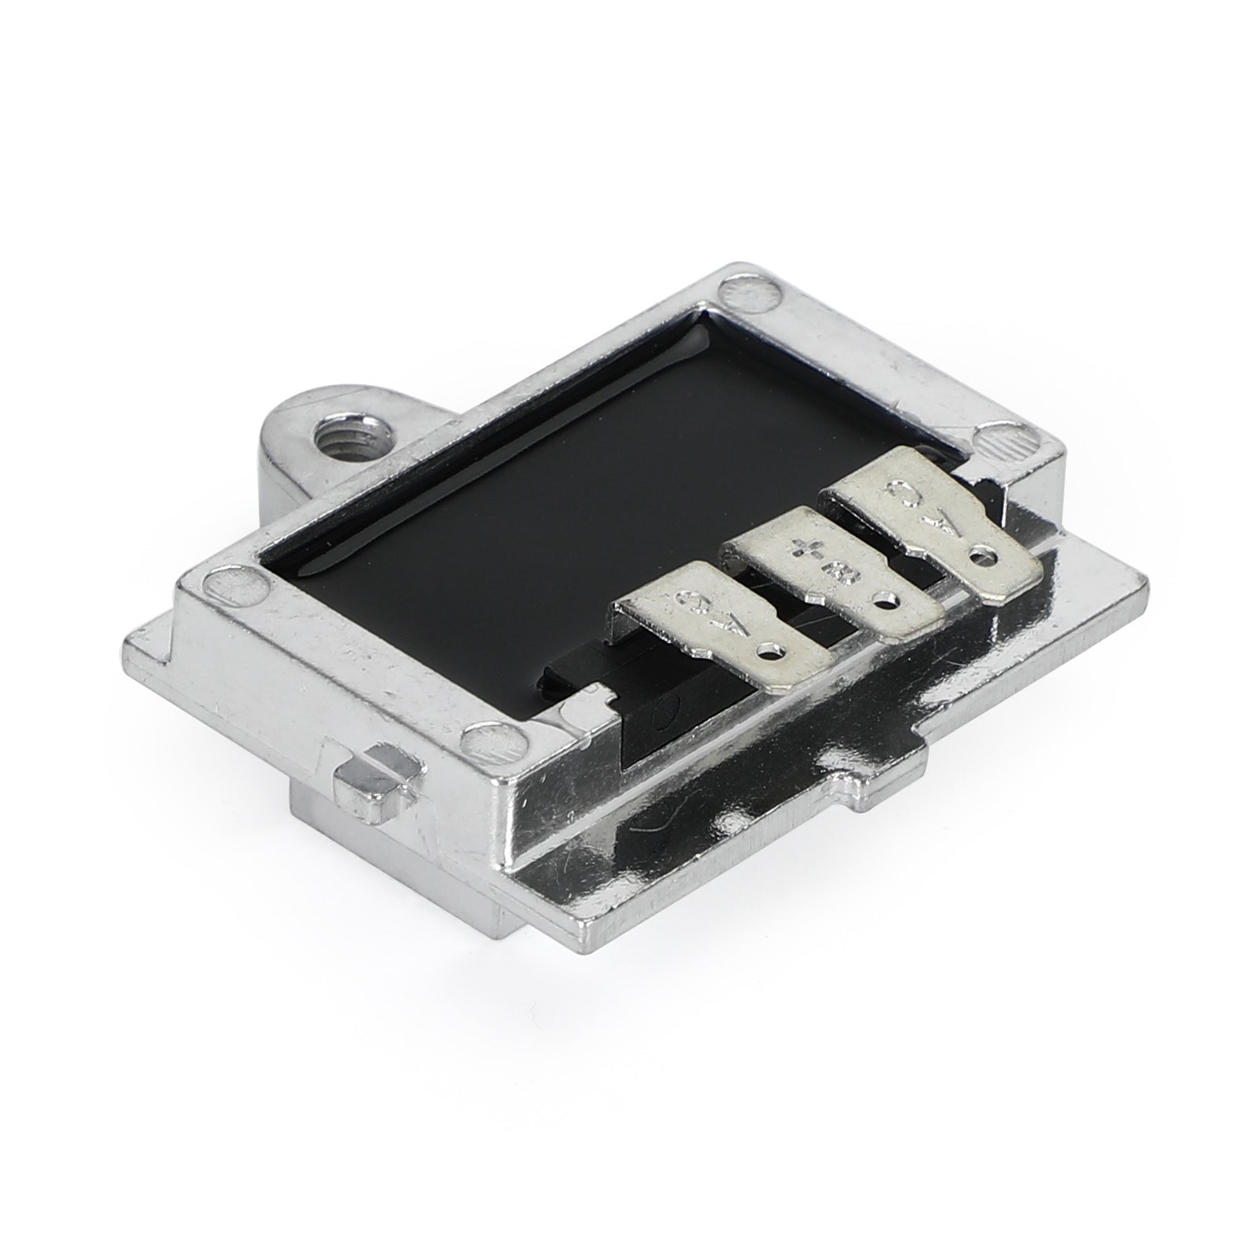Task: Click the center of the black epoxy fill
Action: (x=549, y=502)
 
